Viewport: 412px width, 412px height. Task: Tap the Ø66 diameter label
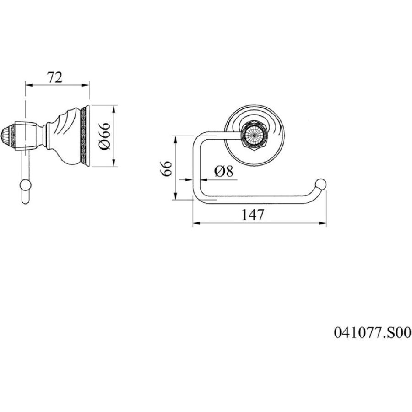tap(104, 136)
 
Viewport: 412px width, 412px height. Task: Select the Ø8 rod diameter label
tap(223, 171)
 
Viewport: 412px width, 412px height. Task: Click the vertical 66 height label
tap(167, 168)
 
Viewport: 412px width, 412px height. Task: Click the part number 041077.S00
tap(372, 332)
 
